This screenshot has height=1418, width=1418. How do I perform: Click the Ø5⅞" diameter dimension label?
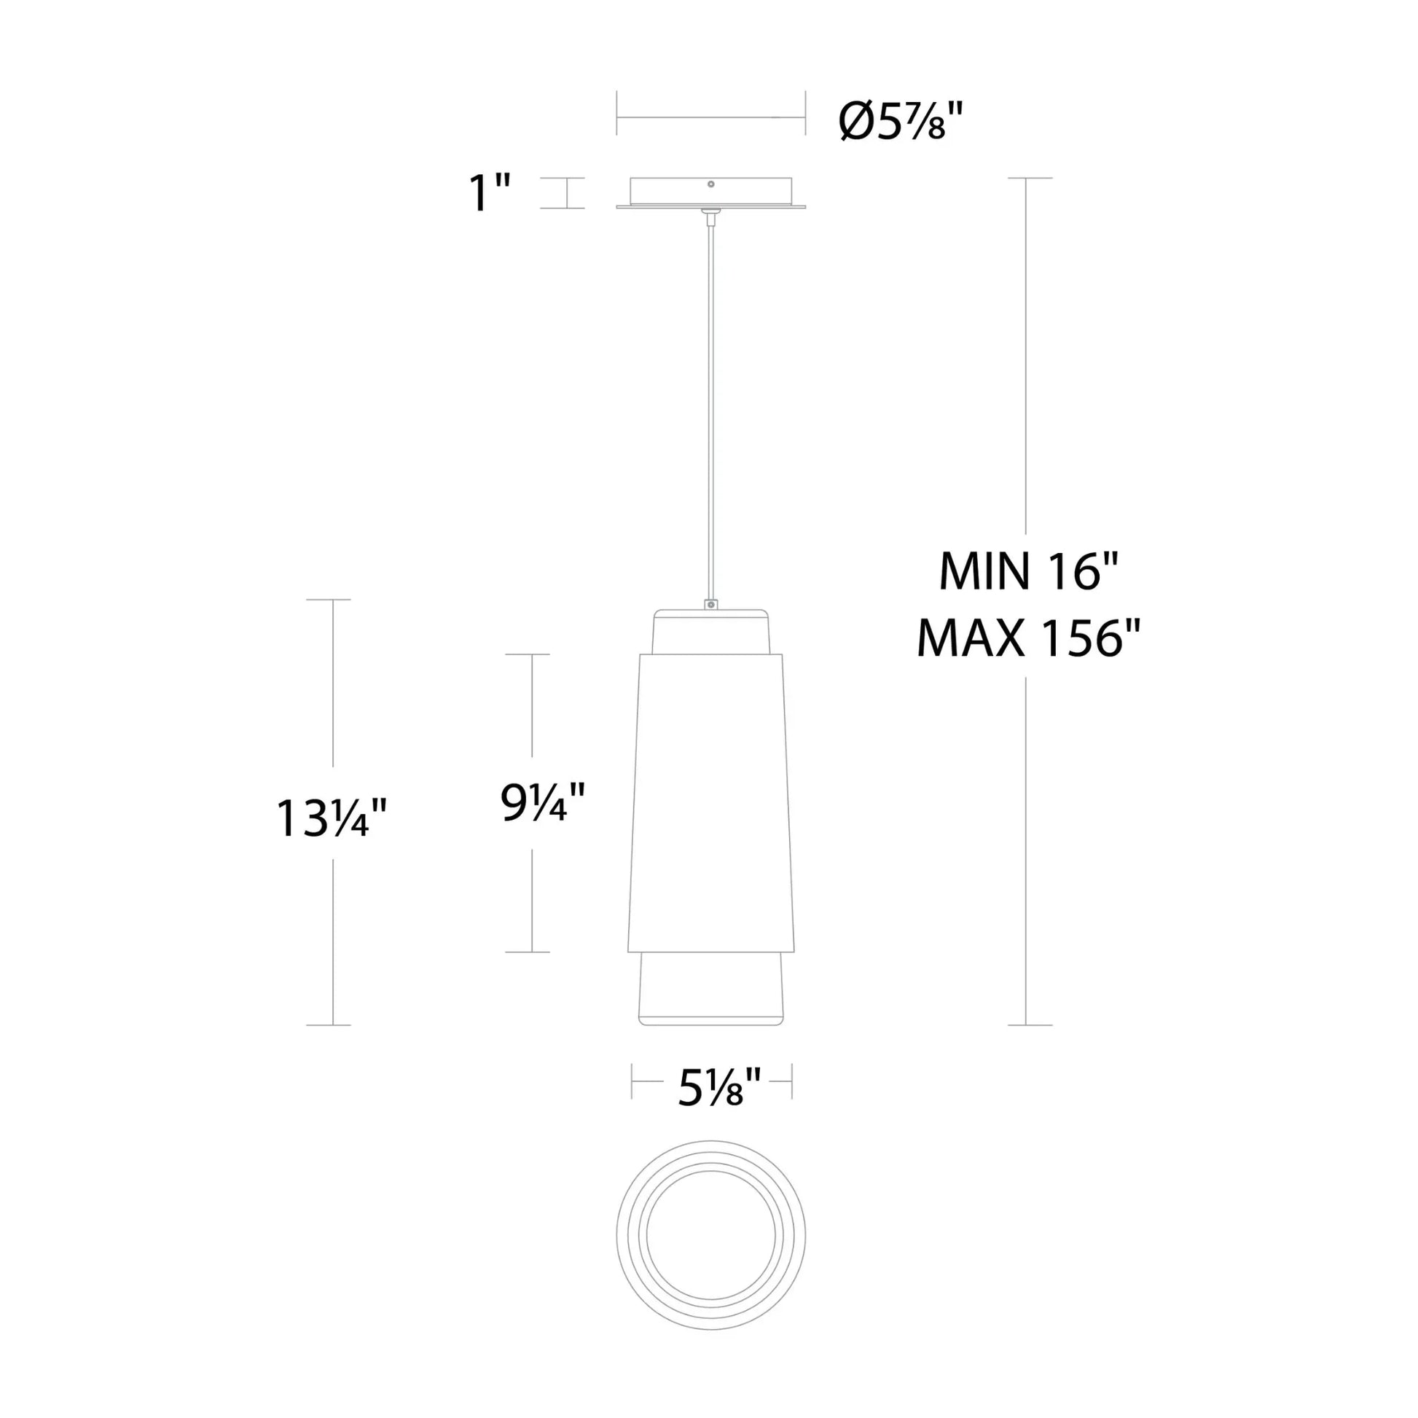pos(901,120)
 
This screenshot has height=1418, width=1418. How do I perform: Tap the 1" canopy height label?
pos(490,193)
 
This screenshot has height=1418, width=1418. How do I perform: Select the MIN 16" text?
pos(1028,572)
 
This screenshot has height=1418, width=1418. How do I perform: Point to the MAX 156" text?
pos(1028,638)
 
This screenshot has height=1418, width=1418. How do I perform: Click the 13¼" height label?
pos(332,818)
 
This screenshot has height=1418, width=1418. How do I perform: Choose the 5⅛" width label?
pos(711,1087)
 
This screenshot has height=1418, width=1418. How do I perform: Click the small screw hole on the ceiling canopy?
pos(710,184)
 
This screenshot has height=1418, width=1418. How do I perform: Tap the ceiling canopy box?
pos(710,193)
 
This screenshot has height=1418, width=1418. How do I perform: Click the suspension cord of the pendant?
pos(710,407)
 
